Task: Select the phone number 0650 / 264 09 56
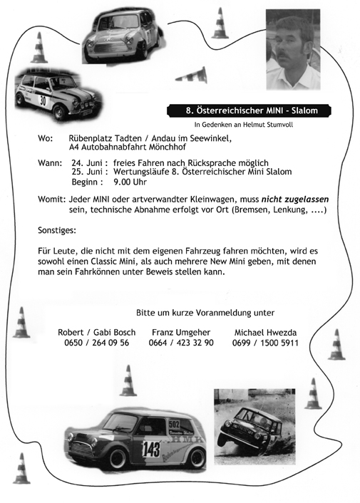point(96,343)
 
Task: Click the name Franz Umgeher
point(181,332)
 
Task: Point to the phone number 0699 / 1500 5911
point(265,343)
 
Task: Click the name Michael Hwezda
point(266,332)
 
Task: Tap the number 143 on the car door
point(150,449)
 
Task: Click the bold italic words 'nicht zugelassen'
point(294,200)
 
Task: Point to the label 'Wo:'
point(45,138)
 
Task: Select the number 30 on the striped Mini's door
point(42,100)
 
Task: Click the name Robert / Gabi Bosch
point(96,332)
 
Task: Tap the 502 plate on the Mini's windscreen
point(173,425)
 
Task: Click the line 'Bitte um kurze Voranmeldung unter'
point(205,312)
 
